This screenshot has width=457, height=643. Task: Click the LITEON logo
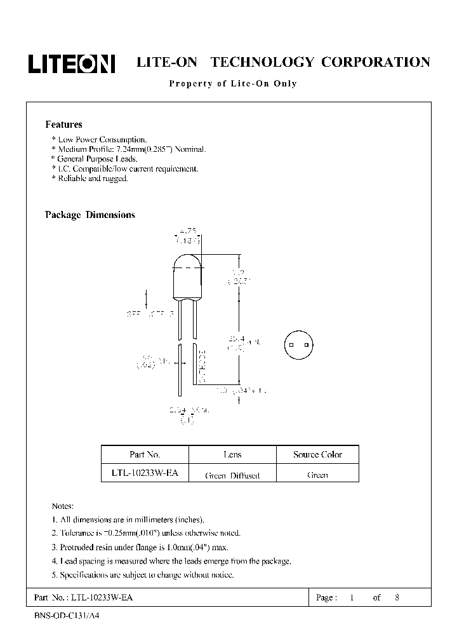click(x=71, y=63)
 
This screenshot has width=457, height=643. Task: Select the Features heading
click(x=63, y=125)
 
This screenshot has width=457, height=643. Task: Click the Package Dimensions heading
click(x=90, y=215)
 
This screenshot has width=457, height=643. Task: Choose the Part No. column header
click(x=145, y=454)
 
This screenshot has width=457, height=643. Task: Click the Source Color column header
click(x=317, y=454)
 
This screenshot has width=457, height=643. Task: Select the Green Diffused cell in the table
click(x=232, y=475)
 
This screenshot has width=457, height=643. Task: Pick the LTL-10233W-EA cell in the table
click(x=145, y=474)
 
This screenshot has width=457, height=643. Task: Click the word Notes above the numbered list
click(x=63, y=506)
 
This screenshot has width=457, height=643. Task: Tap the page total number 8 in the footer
click(x=397, y=598)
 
